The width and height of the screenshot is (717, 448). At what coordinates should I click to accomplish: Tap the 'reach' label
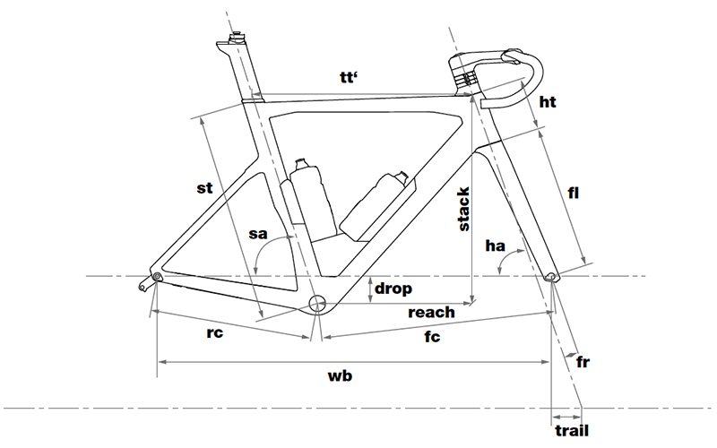[431, 313]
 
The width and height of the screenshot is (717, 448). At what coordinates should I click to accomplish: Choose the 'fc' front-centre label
[434, 340]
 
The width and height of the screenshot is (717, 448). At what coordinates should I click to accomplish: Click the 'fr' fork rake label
[583, 361]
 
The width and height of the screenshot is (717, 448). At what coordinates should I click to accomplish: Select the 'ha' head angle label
[497, 246]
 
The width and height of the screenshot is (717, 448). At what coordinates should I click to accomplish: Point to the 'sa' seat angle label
[258, 235]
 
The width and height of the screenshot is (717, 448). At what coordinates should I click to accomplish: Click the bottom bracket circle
[316, 304]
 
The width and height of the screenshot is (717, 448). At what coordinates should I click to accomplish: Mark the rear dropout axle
[157, 276]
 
